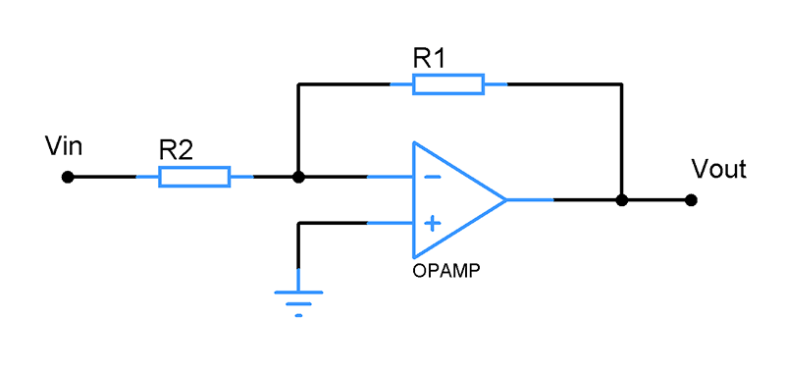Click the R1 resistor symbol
448,84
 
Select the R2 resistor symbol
194,177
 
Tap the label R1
429,59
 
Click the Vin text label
64,146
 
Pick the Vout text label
719,169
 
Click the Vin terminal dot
68,177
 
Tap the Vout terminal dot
692,200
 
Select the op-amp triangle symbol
458,199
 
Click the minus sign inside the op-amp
432,177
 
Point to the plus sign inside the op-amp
432,223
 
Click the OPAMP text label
446,271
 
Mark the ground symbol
299,298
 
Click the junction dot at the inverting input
298,177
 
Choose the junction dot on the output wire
622,200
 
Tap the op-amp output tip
505,199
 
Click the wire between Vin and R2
102,177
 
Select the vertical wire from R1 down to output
622,142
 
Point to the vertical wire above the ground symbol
299,245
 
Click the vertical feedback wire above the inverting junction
298,131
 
